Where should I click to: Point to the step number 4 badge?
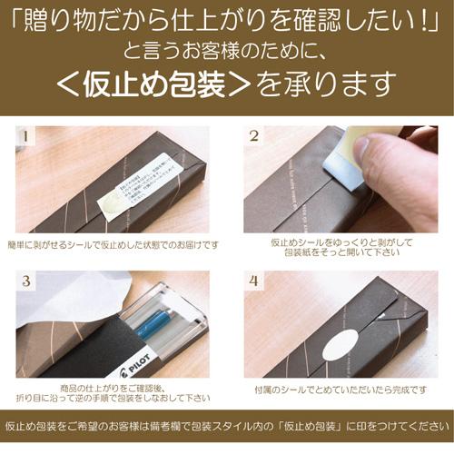pos(255,281)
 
